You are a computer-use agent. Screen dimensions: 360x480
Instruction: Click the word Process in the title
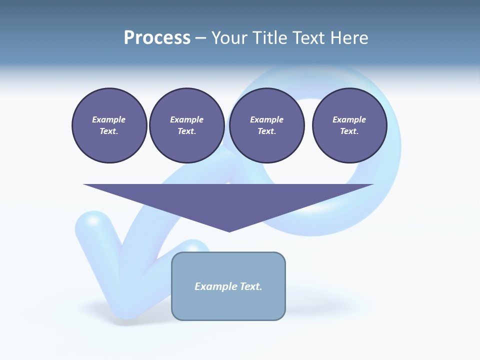click(157, 38)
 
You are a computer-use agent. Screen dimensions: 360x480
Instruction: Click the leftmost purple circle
click(109, 125)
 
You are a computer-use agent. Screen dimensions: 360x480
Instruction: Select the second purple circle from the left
click(186, 125)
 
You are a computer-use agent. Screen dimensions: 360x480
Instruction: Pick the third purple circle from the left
click(266, 125)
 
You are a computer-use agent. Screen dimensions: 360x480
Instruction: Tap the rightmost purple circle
click(349, 125)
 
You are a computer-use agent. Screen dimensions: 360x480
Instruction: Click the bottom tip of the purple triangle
click(229, 231)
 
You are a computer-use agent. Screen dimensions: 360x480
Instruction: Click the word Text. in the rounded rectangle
click(250, 286)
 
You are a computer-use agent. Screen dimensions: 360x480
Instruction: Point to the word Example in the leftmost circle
click(109, 119)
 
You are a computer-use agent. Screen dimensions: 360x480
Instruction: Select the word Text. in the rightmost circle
click(349, 131)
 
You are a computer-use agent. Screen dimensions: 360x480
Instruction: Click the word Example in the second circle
click(186, 119)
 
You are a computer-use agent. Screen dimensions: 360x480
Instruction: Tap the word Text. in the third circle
click(266, 131)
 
